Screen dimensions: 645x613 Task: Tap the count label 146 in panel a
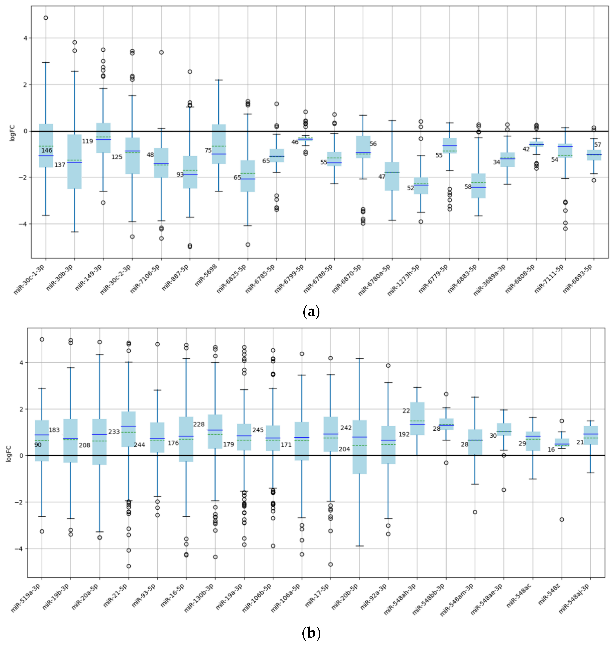click(x=46, y=150)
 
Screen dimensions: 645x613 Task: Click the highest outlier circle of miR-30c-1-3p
click(x=46, y=18)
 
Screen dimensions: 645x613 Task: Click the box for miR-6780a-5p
click(x=392, y=176)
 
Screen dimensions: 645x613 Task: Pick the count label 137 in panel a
click(x=60, y=165)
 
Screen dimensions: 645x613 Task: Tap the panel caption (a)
click(x=311, y=311)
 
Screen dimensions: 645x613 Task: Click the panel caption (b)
click(x=311, y=633)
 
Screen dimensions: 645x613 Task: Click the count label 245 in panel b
click(x=258, y=430)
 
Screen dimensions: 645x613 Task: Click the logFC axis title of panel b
click(x=9, y=453)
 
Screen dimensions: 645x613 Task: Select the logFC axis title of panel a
click(x=12, y=132)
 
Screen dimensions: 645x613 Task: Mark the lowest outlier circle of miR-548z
click(x=562, y=519)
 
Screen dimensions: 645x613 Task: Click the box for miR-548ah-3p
click(x=417, y=418)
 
